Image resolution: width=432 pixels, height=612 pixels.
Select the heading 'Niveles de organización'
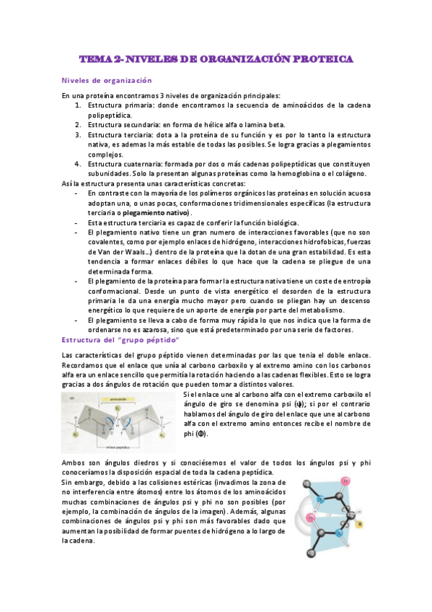click(x=106, y=80)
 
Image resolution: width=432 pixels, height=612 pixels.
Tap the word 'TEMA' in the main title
click(x=94, y=58)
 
